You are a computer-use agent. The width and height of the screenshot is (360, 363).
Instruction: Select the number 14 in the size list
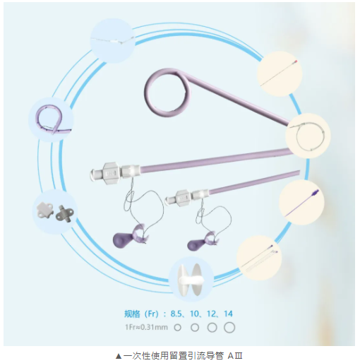tap(228, 314)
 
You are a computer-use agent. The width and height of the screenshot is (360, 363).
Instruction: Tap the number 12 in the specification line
tap(211, 314)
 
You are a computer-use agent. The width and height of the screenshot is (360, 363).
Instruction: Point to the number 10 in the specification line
tap(194, 314)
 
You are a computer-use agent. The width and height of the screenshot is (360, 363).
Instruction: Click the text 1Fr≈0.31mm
tap(146, 327)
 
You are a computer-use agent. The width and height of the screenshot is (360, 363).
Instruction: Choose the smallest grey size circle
tap(177, 328)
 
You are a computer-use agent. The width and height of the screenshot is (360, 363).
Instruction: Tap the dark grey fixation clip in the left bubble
tap(65, 214)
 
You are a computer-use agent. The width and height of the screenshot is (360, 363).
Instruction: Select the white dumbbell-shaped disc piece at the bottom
tap(191, 280)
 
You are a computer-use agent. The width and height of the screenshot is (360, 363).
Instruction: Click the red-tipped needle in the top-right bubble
tap(279, 73)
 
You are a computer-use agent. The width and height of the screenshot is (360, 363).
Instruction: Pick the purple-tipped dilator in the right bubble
tap(302, 203)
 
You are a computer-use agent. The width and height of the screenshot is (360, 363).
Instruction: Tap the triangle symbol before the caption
tap(118, 356)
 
